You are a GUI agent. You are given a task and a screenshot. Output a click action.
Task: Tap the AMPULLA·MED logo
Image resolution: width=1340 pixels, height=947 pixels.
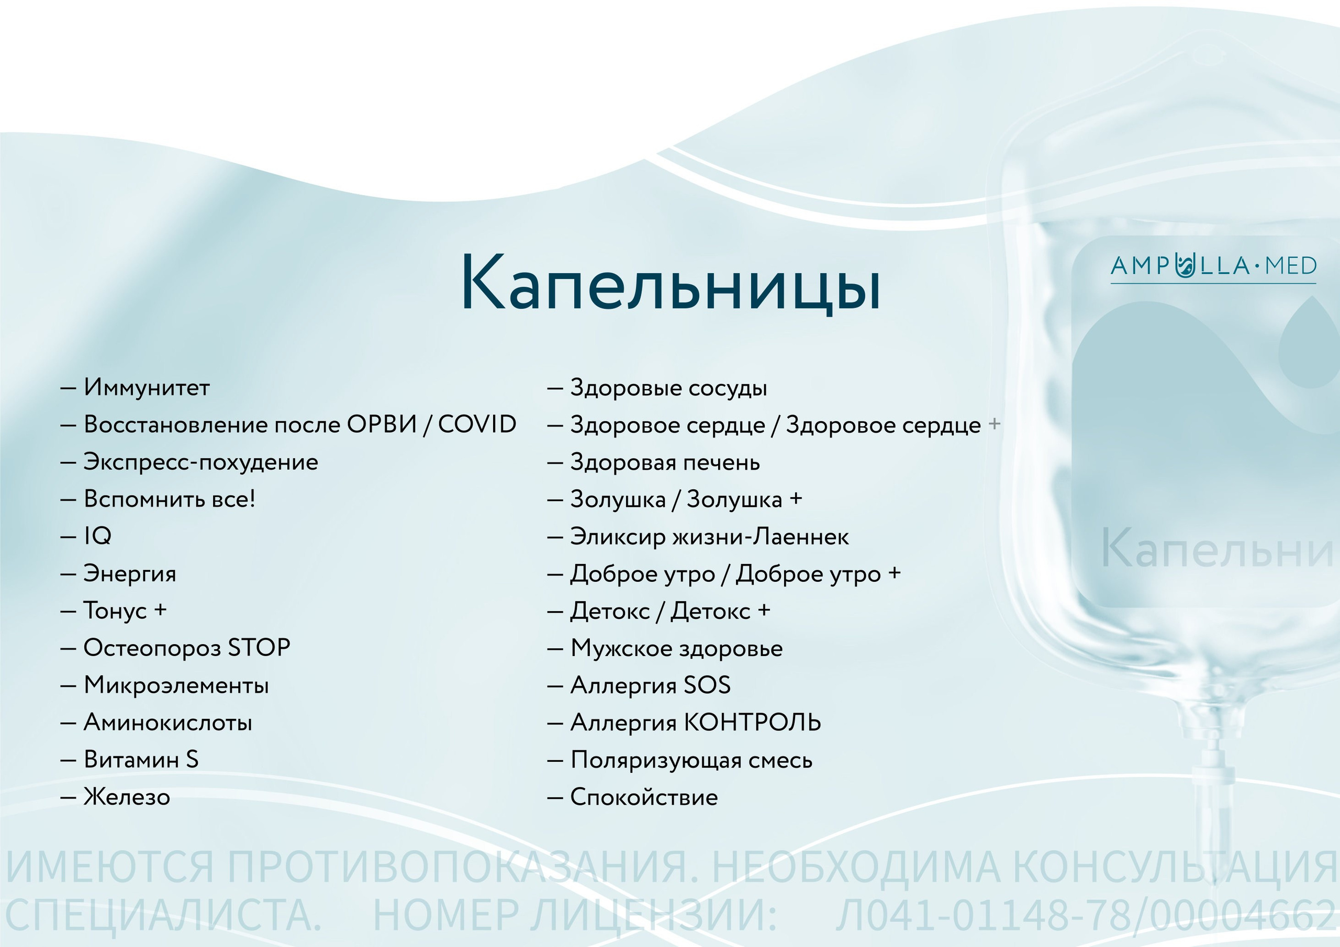[x=1213, y=266]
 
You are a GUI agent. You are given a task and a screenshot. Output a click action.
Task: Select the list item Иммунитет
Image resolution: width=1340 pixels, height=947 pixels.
[x=147, y=388]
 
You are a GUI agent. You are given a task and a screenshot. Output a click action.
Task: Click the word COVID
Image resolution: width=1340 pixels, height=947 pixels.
[x=477, y=424]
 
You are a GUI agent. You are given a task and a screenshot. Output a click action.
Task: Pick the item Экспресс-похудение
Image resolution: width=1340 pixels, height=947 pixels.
[x=201, y=462]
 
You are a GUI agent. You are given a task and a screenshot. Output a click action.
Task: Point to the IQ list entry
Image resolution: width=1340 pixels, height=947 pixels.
[x=97, y=536]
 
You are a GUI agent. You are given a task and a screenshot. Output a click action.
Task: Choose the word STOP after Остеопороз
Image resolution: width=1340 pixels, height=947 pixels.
[x=259, y=648]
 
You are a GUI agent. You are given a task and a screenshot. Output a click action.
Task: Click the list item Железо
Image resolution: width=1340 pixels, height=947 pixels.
[x=127, y=796]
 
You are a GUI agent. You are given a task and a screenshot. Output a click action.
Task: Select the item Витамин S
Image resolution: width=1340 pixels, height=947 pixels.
[x=141, y=760]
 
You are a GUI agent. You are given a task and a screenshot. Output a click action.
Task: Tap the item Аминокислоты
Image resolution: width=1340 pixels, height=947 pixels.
[x=168, y=723]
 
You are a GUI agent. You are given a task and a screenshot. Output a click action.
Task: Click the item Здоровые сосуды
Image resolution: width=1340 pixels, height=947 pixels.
[x=668, y=388]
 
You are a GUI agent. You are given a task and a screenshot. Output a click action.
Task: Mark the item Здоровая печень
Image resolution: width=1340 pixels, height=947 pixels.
[x=665, y=463]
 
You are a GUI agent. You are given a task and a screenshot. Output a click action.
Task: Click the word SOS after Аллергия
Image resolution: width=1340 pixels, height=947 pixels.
[x=707, y=685]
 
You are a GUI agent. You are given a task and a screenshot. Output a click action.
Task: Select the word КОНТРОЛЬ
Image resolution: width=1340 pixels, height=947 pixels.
[x=752, y=723]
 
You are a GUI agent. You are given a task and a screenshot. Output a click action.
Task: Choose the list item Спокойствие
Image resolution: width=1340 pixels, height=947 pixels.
[x=644, y=797]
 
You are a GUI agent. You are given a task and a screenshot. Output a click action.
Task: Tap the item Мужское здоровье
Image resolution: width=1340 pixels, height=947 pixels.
[x=676, y=648]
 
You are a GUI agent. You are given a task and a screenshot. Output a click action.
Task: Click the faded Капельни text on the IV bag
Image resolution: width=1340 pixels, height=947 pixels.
[x=1217, y=549]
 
